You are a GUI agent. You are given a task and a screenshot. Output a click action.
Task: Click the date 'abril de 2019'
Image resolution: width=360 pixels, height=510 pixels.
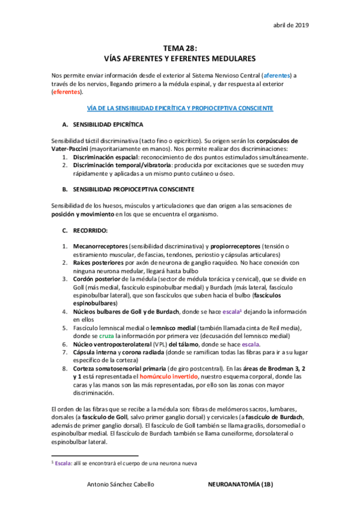pyautogui.click(x=291, y=25)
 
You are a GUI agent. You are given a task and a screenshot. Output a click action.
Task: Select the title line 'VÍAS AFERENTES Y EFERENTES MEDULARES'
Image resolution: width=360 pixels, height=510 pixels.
pyautogui.click(x=180, y=59)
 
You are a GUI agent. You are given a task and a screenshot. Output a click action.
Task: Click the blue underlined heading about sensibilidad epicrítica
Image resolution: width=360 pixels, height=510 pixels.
pyautogui.click(x=180, y=108)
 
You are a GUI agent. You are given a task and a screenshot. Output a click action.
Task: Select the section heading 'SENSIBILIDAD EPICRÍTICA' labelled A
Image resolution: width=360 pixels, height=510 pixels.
pyautogui.click(x=108, y=124)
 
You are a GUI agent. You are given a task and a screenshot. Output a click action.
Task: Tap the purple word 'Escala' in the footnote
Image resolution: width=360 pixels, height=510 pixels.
pyautogui.click(x=64, y=463)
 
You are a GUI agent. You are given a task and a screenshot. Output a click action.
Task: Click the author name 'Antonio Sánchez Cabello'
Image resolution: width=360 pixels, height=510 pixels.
pyautogui.click(x=121, y=483)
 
